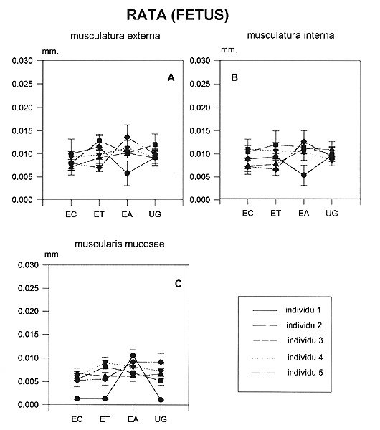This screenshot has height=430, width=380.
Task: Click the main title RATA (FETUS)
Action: (178, 15)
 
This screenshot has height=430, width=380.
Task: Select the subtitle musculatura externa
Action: (115, 36)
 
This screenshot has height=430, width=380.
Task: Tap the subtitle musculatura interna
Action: (290, 35)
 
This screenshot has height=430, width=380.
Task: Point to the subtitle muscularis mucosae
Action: (119, 244)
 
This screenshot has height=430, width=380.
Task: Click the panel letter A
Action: (171, 78)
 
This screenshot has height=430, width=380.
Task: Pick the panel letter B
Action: (234, 77)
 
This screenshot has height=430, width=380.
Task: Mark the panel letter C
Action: (178, 284)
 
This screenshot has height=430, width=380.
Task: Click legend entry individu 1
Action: (303, 310)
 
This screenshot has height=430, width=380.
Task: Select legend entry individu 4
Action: (305, 358)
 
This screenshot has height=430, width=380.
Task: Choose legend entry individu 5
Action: (305, 373)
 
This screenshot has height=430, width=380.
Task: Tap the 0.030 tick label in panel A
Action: (22, 61)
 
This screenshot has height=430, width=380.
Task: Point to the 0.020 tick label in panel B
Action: (200, 107)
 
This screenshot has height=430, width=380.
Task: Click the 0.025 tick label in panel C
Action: (28, 288)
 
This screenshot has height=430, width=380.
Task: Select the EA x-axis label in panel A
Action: (127, 214)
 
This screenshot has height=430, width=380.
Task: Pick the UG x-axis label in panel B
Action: (332, 214)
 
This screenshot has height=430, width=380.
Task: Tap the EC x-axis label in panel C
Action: (77, 419)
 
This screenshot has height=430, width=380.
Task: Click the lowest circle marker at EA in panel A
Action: (127, 173)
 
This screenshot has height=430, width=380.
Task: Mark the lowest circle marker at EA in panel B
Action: (304, 175)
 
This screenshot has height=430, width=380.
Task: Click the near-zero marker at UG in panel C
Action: (161, 400)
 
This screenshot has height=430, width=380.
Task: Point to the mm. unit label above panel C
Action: (52, 254)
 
